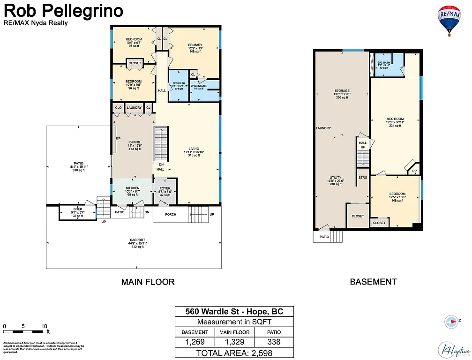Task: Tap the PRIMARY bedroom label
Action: [195, 45]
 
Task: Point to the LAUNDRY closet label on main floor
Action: [134, 108]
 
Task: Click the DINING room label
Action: [135, 142]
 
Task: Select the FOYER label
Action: [165, 188]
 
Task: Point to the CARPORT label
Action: [137, 240]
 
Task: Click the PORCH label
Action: [171, 215]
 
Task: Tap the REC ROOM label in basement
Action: [395, 119]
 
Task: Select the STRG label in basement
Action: [363, 178]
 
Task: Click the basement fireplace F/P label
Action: [414, 172]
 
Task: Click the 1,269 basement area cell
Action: [195, 342]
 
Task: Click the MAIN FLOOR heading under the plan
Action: [148, 282]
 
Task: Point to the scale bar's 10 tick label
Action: [44, 326]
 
